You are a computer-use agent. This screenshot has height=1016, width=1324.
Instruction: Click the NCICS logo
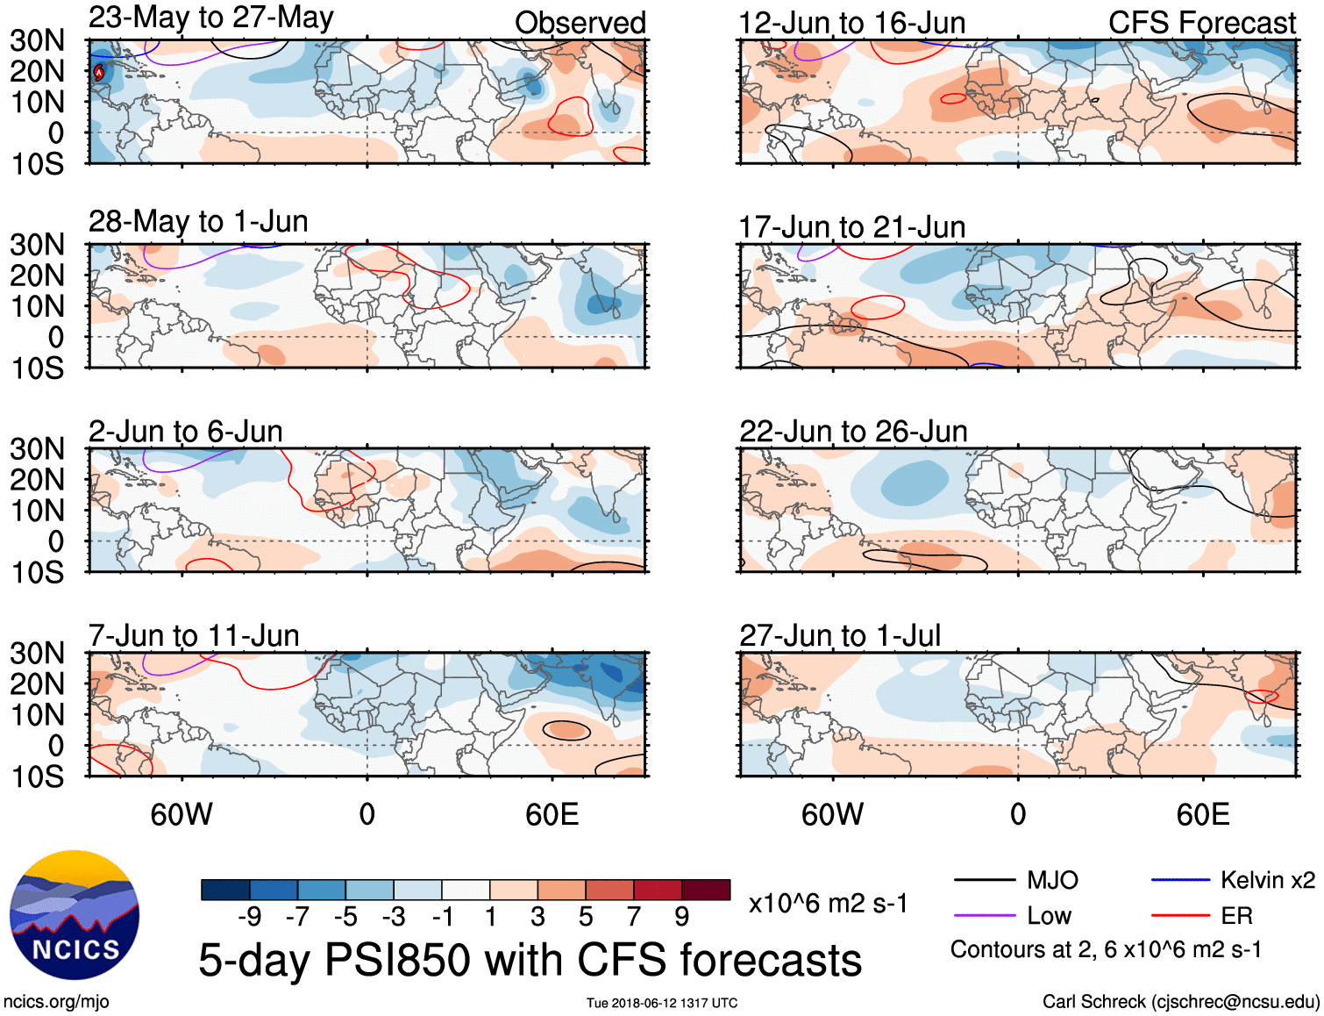[75, 915]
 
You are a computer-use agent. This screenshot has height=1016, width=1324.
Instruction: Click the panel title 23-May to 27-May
[210, 18]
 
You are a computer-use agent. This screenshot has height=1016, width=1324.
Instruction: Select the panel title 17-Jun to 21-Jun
[851, 227]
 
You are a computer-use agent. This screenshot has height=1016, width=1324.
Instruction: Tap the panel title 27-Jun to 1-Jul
[839, 635]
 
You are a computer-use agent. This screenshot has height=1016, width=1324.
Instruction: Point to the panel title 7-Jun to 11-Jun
[194, 635]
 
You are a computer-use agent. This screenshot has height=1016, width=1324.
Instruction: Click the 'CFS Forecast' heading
[1201, 23]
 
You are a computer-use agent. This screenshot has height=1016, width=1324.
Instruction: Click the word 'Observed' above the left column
[580, 23]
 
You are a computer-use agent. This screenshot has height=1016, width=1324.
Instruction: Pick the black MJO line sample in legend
[984, 880]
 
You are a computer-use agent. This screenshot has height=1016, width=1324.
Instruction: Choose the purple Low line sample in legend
[984, 916]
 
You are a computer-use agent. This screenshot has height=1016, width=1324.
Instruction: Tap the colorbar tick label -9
[250, 917]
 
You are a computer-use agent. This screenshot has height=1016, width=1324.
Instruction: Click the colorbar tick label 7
[634, 917]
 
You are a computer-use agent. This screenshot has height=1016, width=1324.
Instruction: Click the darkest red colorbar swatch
[706, 890]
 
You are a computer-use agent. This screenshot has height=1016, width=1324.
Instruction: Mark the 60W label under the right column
[832, 814]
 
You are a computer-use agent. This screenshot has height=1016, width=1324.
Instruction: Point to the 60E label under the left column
[552, 814]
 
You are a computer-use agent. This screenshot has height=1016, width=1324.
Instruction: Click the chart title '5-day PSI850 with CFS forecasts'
[530, 960]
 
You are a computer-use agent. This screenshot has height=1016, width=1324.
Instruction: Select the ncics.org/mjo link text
[56, 1002]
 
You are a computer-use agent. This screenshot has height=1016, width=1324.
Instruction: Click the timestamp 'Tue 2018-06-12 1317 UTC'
[662, 1003]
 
